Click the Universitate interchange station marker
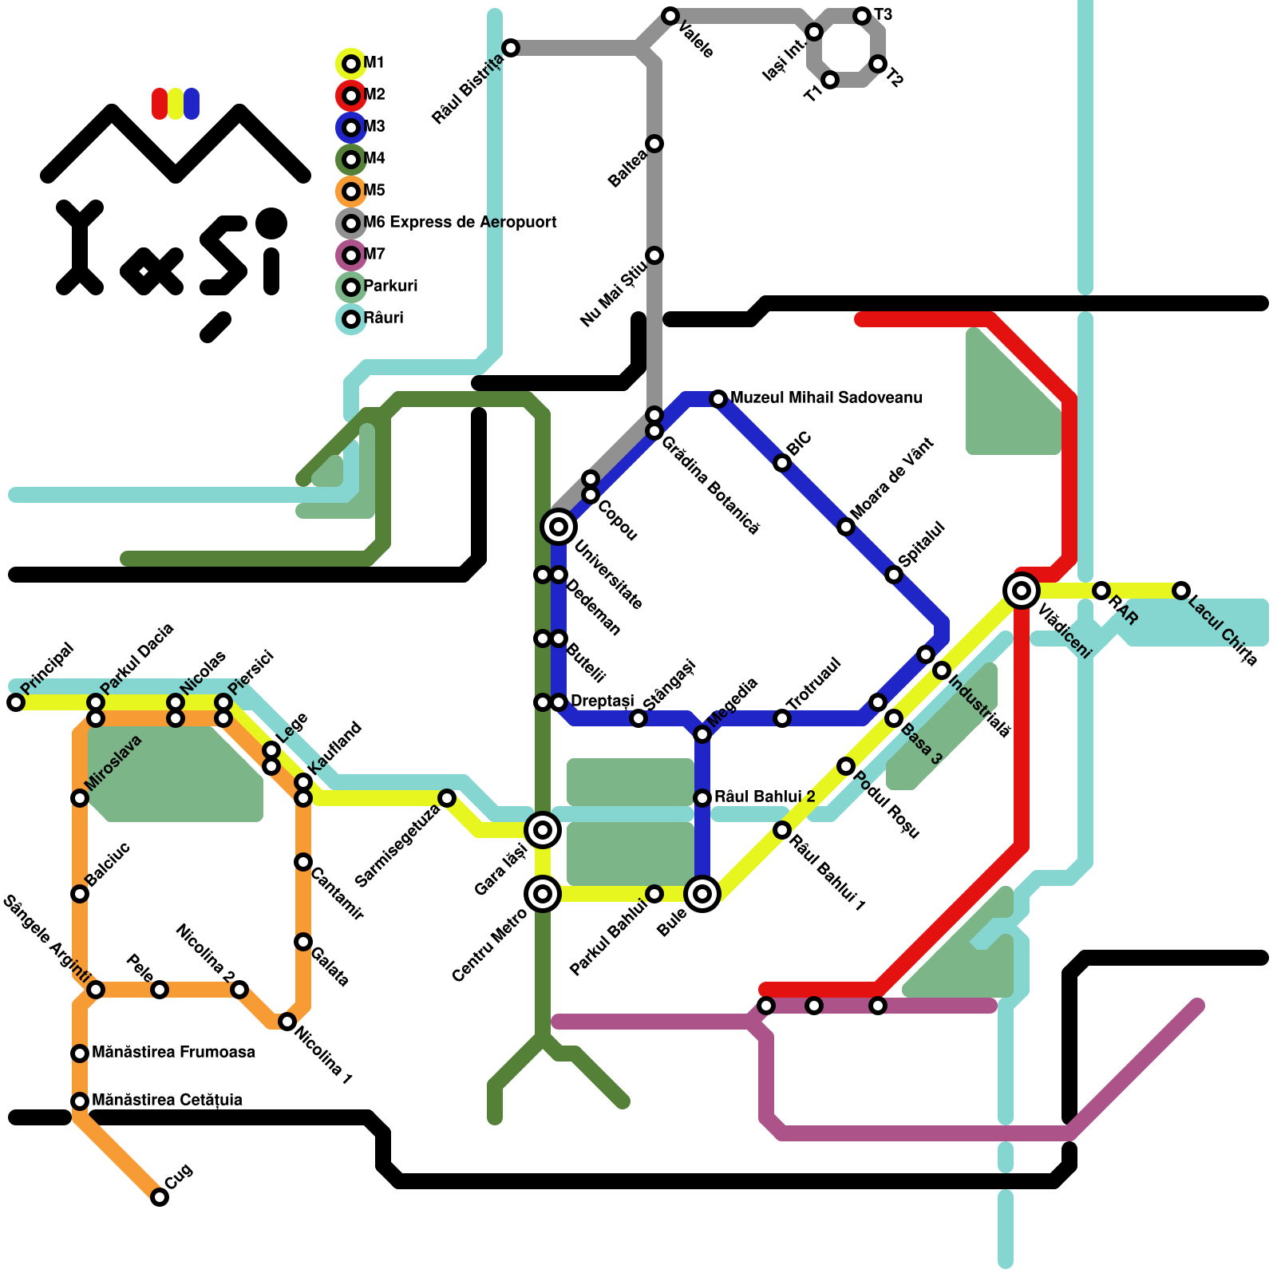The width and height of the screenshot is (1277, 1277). [559, 527]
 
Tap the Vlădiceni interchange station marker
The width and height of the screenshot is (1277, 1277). [1022, 591]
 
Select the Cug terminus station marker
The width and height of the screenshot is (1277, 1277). [160, 1197]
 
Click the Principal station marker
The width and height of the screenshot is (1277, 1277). [16, 702]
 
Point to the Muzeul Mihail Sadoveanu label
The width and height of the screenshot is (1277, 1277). [826, 397]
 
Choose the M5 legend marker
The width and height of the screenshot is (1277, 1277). [351, 192]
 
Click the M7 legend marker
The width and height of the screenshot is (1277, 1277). [351, 255]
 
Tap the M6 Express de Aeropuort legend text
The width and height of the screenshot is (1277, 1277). [460, 222]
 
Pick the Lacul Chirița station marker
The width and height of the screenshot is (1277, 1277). [1181, 591]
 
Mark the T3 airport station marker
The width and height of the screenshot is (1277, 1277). [862, 16]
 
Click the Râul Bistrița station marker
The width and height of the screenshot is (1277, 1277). [511, 48]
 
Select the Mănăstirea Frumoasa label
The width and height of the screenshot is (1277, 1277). [173, 1052]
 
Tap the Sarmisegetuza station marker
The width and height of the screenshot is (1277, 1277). [447, 798]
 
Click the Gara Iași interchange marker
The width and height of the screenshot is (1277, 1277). [543, 830]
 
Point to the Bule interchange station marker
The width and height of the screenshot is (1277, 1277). [702, 894]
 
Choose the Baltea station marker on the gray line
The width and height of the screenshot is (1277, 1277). [654, 144]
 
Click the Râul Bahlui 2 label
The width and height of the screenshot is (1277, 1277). [765, 797]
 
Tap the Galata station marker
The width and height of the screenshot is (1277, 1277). [303, 942]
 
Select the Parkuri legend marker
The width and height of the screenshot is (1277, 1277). [351, 287]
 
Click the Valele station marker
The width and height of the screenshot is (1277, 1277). [670, 16]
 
